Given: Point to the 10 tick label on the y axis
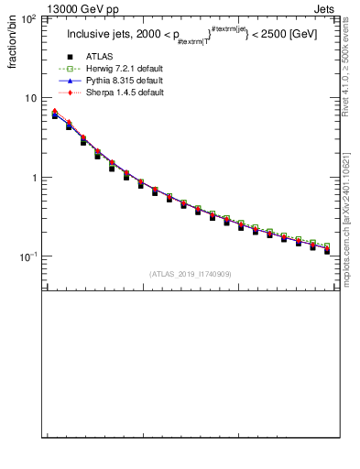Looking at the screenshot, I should tap(30, 98).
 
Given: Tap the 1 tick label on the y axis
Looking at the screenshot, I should tap(33, 178).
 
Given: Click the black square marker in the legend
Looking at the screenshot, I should tap(70, 57).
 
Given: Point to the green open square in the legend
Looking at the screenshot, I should tap(70, 69).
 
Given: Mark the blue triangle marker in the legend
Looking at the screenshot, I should tap(70, 81).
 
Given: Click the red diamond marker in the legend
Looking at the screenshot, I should tap(70, 93).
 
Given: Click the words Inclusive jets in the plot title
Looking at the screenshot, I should tap(95, 35).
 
